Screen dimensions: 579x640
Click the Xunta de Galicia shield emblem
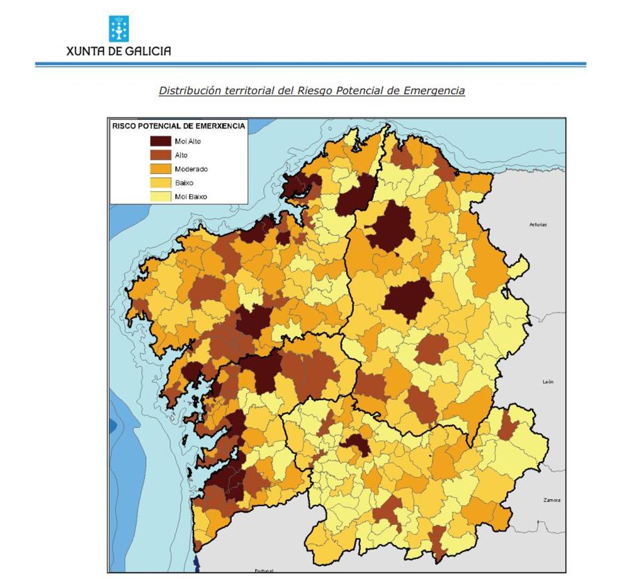(x=118, y=29)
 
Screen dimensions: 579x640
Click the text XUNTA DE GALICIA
(x=118, y=51)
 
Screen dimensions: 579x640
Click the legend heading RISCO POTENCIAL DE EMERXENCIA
(x=178, y=126)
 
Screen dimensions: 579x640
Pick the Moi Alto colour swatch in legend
(x=160, y=141)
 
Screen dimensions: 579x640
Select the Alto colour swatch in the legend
(x=160, y=155)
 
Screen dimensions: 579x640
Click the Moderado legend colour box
(x=160, y=169)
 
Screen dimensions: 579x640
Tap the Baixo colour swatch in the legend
(x=160, y=183)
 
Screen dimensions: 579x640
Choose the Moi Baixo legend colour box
(x=160, y=197)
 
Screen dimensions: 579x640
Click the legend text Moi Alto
(x=188, y=141)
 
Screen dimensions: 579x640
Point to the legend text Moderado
(x=191, y=169)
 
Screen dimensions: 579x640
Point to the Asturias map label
(x=538, y=224)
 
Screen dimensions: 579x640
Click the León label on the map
(x=548, y=382)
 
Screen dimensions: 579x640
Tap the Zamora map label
(x=551, y=500)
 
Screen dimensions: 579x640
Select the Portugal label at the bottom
(x=263, y=571)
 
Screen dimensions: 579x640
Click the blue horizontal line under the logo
(x=310, y=65)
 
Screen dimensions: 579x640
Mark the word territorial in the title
(x=249, y=91)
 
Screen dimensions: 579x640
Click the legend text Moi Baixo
(x=190, y=197)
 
